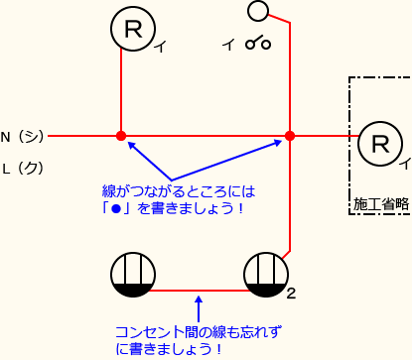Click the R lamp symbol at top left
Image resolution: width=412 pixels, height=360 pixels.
click(x=131, y=31)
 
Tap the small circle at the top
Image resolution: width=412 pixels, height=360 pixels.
click(x=259, y=11)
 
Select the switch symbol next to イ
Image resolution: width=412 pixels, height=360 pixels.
click(x=259, y=44)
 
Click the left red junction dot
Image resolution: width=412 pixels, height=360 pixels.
click(x=121, y=136)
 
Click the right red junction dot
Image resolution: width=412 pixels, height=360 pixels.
click(x=290, y=136)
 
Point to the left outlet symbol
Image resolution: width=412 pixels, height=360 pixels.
click(x=130, y=275)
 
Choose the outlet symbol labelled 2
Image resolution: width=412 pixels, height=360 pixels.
click(x=265, y=275)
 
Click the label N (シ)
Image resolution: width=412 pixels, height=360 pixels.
click(x=22, y=136)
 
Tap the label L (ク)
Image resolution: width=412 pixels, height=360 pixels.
click(x=22, y=168)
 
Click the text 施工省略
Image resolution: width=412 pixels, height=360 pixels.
click(x=381, y=203)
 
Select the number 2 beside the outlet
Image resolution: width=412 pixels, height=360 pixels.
click(x=291, y=293)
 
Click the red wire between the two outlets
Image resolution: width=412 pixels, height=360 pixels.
click(x=198, y=291)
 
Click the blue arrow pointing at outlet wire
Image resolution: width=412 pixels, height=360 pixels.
click(x=199, y=306)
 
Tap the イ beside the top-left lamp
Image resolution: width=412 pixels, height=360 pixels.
click(x=158, y=47)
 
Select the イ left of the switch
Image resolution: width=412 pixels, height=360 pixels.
click(x=229, y=44)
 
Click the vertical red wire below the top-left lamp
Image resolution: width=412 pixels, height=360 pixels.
click(x=121, y=94)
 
